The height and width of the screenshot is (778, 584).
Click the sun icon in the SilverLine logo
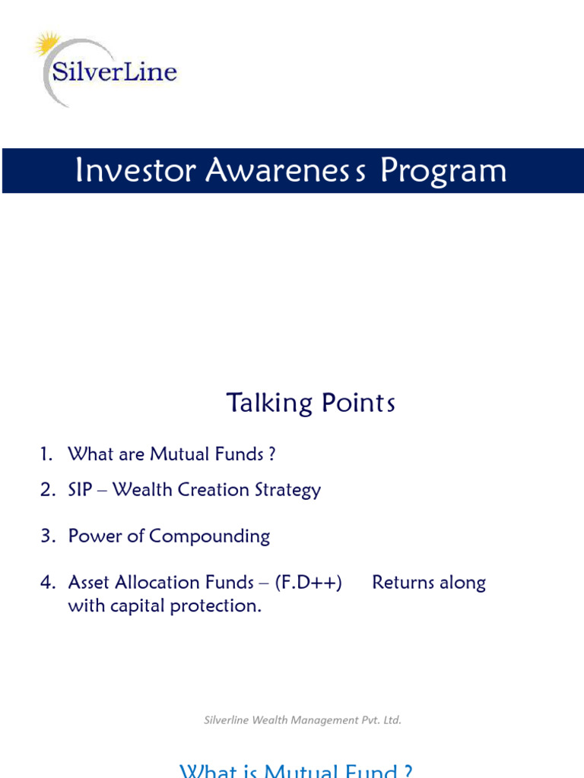(48, 44)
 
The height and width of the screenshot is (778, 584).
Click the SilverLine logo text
(114, 73)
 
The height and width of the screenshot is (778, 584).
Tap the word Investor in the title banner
(135, 171)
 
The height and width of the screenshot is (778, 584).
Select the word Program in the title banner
(443, 171)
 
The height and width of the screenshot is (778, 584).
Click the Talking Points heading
(310, 403)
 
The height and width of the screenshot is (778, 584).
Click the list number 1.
(47, 454)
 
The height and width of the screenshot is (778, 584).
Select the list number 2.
(48, 490)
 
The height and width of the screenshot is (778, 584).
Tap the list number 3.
(48, 536)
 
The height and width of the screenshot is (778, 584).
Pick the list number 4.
(48, 583)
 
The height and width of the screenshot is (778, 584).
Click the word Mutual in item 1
(178, 454)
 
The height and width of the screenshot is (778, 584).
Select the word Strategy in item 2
(290, 491)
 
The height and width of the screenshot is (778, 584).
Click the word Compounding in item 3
(209, 536)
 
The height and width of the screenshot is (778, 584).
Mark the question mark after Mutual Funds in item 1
(271, 454)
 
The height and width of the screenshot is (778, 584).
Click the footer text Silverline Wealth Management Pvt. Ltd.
(302, 720)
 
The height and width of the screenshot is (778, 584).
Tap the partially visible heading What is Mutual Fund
(297, 770)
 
